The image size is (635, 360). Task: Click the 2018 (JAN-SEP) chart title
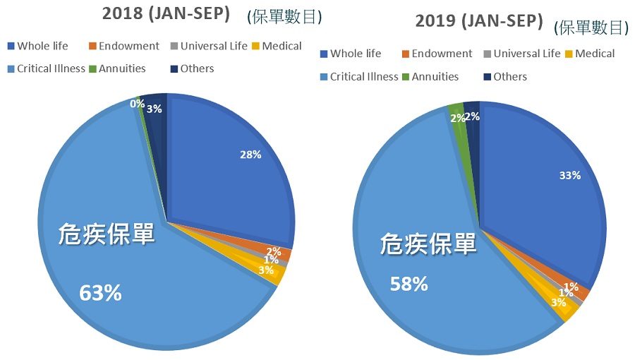click(166, 14)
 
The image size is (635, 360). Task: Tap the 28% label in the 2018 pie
click(249, 155)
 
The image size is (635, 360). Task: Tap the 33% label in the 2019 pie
click(568, 175)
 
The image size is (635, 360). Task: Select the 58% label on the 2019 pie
click(409, 284)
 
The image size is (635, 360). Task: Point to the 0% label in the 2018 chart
click(137, 104)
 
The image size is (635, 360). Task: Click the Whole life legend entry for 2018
click(42, 46)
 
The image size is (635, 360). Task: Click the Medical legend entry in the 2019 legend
click(593, 54)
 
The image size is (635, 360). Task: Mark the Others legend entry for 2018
click(197, 68)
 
